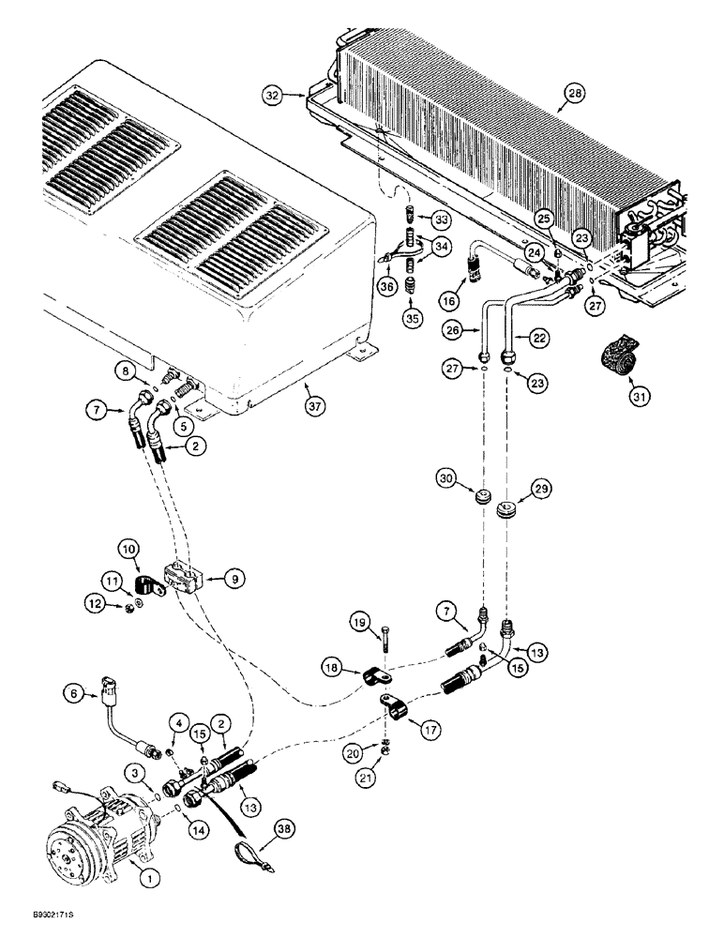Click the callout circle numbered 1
pyautogui.click(x=145, y=879)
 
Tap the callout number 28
pyautogui.click(x=573, y=92)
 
